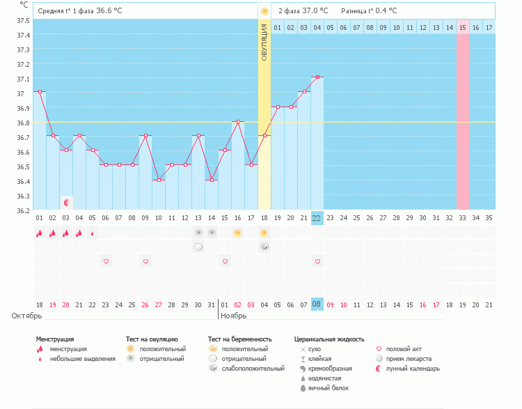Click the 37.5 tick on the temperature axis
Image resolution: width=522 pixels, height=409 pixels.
point(22,21)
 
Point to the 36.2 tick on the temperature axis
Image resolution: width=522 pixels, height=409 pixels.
point(22,210)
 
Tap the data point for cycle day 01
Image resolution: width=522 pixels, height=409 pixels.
point(40,91)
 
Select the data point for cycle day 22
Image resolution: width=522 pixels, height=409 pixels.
point(317,77)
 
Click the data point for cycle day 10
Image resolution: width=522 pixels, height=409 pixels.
point(159,180)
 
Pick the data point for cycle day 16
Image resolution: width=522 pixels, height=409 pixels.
point(238,121)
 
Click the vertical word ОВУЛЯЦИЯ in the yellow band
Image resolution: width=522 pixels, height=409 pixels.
point(264,42)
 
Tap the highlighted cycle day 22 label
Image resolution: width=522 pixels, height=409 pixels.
point(317,218)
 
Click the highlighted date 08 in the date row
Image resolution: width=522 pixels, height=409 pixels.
point(317,304)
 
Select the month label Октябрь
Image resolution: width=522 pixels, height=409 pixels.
point(27,316)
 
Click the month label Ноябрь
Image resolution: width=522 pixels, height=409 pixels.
point(235,316)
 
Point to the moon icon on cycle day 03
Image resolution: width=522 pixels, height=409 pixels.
point(67,202)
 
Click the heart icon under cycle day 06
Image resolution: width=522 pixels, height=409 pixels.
point(106,261)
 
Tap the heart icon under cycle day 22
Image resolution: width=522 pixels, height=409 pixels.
point(317,261)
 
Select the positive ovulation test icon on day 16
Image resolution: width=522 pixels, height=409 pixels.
point(238,233)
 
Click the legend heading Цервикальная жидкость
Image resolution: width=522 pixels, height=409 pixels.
point(329,339)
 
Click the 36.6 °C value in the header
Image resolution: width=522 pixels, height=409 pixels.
point(109,11)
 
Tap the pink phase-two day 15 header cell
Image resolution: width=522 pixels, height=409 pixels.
point(462,28)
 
